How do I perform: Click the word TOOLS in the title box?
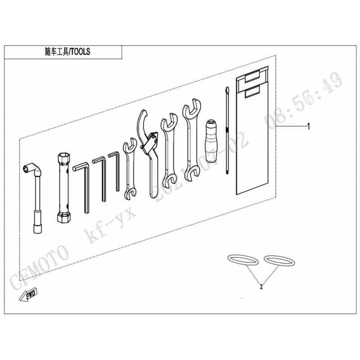point(80,52)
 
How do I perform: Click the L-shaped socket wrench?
point(36,198)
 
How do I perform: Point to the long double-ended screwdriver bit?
point(228,135)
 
